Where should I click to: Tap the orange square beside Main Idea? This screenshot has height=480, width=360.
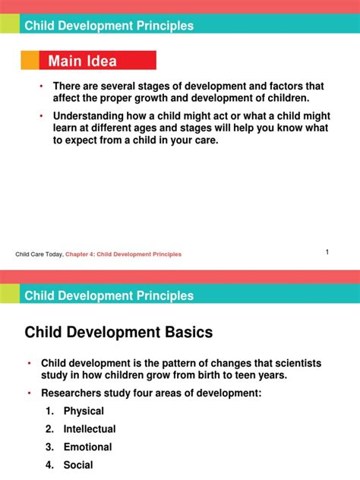[x=30, y=61]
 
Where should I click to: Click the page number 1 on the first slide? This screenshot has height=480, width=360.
[x=327, y=252]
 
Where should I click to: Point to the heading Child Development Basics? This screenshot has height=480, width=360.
[x=119, y=332]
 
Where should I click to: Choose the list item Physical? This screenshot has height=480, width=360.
[x=84, y=411]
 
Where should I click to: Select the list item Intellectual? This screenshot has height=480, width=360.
[x=90, y=429]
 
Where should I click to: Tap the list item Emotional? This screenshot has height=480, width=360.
[x=87, y=447]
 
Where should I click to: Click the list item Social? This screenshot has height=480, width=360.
[x=78, y=466]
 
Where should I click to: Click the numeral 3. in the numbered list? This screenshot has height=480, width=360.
[x=49, y=447]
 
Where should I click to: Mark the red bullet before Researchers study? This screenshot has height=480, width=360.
[x=29, y=393]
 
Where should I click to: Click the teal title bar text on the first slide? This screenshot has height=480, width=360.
[x=109, y=26]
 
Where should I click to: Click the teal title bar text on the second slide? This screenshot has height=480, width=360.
[x=109, y=295]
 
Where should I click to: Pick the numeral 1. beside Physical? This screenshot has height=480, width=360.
[x=49, y=411]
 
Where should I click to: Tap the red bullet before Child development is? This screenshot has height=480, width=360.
[x=29, y=362]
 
